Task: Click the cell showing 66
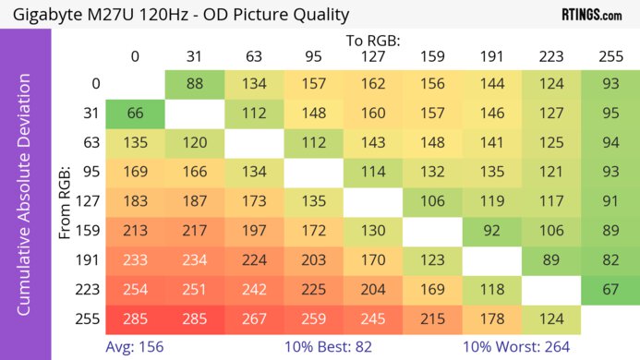(135, 114)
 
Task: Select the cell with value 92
(492, 232)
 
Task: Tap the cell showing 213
(135, 232)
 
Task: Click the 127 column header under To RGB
(373, 56)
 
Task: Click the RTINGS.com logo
(591, 14)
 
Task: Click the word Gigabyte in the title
(45, 14)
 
